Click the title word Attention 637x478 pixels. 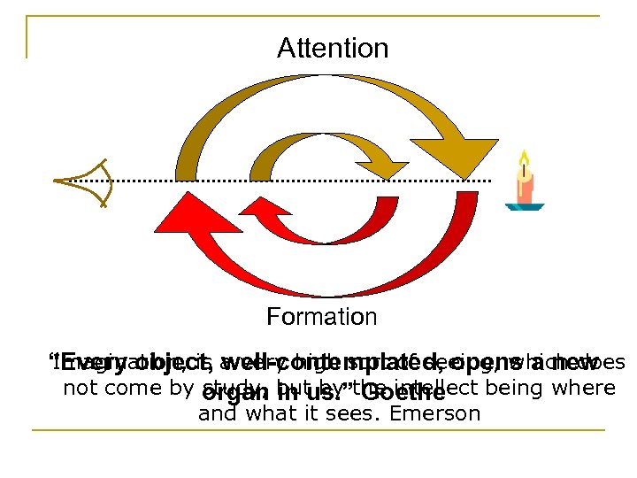tap(333, 48)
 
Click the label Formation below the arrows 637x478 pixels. tap(322, 316)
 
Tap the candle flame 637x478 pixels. tap(524, 161)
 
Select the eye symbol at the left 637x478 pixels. tap(84, 182)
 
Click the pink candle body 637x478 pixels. tap(526, 188)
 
